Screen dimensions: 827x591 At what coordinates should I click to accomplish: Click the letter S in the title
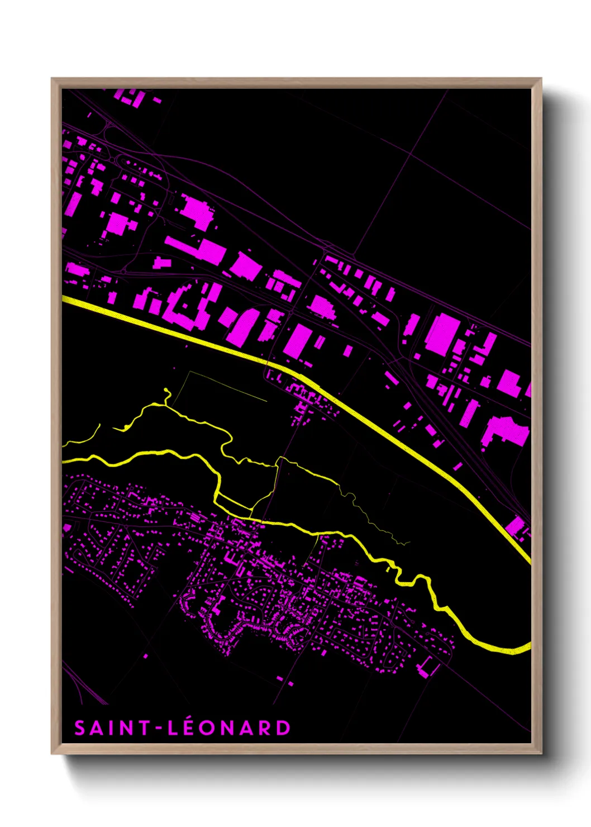point(80,728)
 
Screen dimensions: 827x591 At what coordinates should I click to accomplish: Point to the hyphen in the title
point(158,729)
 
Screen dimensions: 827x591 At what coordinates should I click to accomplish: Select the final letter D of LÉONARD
point(284,728)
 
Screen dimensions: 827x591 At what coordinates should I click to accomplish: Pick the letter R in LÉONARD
point(265,728)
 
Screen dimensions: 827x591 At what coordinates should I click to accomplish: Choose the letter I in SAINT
point(112,728)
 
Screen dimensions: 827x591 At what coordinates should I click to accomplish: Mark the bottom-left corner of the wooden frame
point(53,753)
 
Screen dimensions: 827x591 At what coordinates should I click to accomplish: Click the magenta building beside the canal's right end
point(516,526)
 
